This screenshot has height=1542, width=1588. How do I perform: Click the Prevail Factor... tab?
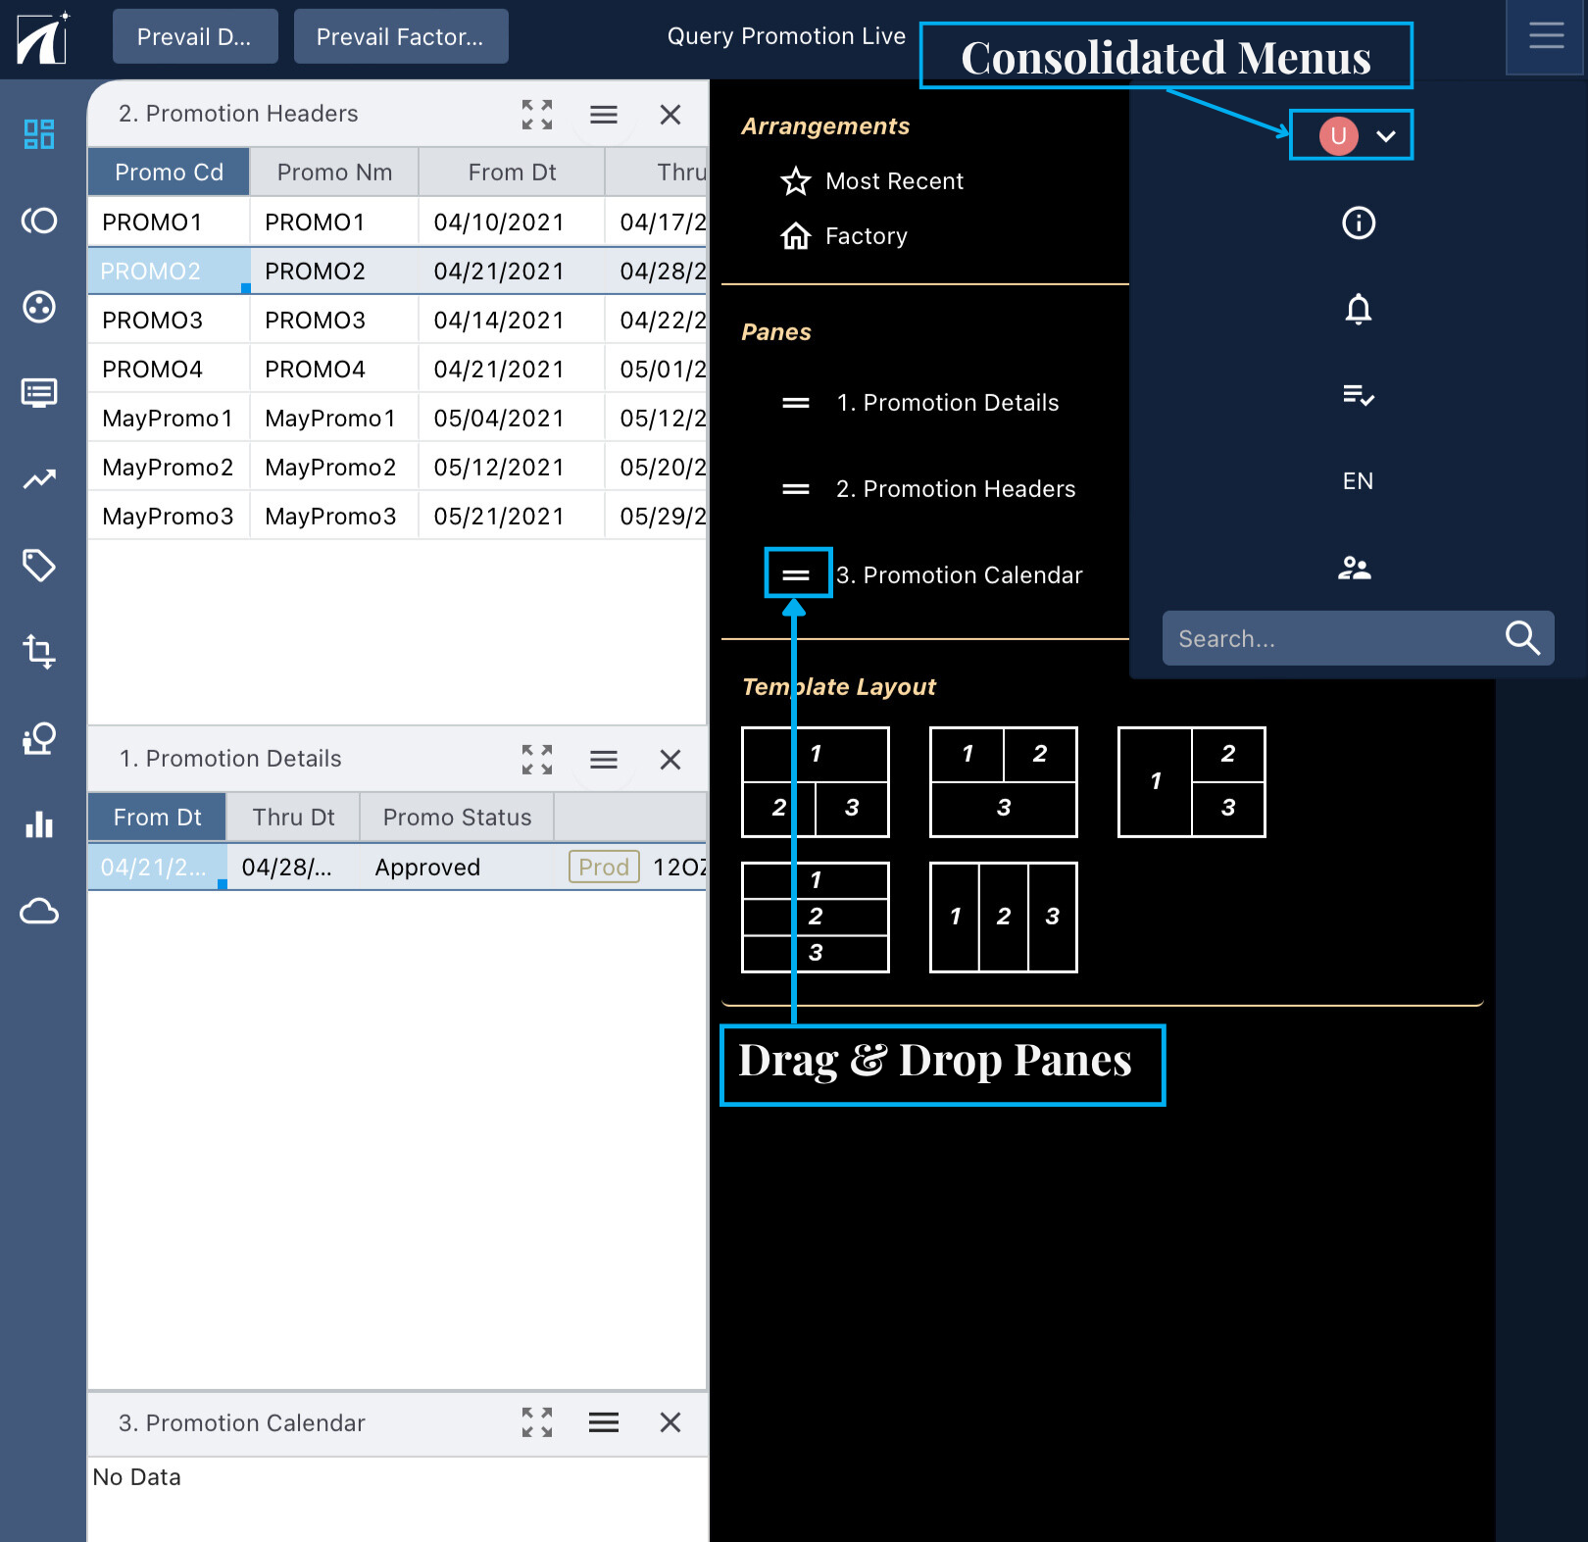click(x=400, y=37)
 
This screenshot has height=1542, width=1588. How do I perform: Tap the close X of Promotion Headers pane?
click(x=670, y=115)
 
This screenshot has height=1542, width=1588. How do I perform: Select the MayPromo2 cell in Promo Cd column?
click(x=168, y=468)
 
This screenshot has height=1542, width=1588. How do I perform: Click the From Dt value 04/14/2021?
click(x=499, y=321)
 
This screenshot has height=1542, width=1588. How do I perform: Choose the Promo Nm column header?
click(x=334, y=173)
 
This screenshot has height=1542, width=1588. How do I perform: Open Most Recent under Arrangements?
click(x=894, y=181)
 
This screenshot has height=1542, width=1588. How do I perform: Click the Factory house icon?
click(x=795, y=236)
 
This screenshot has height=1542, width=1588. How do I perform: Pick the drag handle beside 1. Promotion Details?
click(x=796, y=403)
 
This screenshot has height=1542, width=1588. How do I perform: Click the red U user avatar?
click(x=1338, y=135)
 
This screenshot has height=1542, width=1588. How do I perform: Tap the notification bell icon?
click(x=1358, y=309)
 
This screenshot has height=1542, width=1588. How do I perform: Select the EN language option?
click(x=1358, y=481)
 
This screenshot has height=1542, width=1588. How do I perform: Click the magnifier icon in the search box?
click(x=1522, y=638)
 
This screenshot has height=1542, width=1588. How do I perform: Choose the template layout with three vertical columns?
click(x=1003, y=918)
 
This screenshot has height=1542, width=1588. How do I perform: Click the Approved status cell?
click(x=427, y=868)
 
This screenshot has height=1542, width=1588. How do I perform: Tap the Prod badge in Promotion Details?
click(x=604, y=868)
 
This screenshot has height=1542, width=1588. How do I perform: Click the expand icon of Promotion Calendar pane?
click(x=537, y=1422)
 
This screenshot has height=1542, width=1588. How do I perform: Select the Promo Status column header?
click(x=457, y=818)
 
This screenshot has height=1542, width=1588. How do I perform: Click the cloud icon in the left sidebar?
click(x=39, y=912)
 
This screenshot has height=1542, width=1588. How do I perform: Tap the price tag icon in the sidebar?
click(x=39, y=566)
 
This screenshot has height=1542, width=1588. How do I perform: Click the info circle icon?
click(x=1358, y=223)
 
